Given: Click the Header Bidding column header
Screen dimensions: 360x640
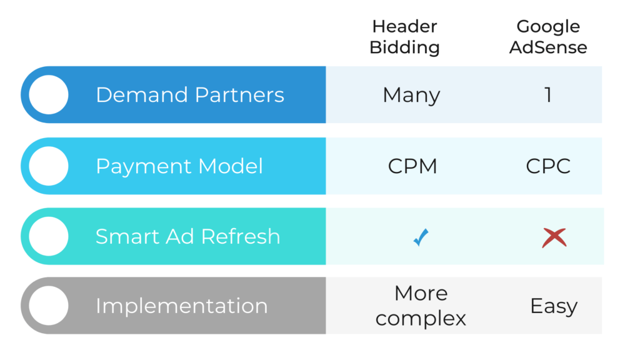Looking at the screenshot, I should (x=404, y=37).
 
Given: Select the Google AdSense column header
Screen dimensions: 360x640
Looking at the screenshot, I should (x=548, y=37).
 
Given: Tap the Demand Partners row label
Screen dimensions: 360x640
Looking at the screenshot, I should (x=189, y=95).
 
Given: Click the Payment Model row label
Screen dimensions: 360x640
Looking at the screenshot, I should (x=179, y=166).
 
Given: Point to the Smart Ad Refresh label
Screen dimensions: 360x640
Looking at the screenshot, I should (x=187, y=237).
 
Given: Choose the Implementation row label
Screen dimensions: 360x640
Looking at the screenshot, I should (x=181, y=306).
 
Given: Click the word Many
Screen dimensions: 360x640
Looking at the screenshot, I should (x=411, y=96).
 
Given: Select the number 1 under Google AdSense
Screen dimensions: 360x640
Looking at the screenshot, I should (x=548, y=95).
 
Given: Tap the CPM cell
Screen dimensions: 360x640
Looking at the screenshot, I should (x=412, y=166).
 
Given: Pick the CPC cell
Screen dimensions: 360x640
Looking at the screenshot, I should (x=548, y=166).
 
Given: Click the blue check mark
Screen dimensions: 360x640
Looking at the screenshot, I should (x=421, y=237).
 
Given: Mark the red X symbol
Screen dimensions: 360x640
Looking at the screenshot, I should (x=554, y=237).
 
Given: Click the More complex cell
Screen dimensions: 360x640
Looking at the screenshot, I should (x=421, y=306).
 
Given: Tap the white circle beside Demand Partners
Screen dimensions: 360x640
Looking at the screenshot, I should (x=49, y=94).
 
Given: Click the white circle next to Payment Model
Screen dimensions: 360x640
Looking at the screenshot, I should (x=49, y=166).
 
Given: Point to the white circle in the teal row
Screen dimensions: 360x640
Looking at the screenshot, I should (x=49, y=236).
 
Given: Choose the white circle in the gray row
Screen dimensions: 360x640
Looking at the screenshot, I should (x=49, y=306).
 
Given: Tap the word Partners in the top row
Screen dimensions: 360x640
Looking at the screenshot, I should (x=239, y=95).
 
